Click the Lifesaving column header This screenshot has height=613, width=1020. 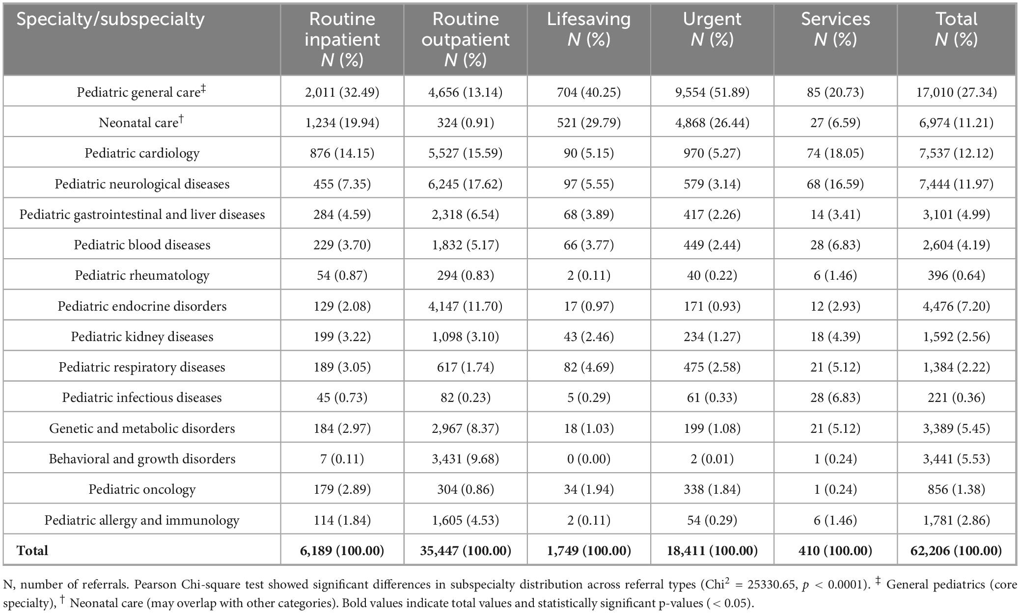click(588, 29)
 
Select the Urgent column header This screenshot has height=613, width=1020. click(712, 29)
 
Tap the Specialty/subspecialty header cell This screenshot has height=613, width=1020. click(110, 19)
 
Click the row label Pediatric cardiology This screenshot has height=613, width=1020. click(142, 153)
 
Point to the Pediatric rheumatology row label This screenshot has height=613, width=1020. click(142, 275)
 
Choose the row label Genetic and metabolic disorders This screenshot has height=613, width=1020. click(142, 428)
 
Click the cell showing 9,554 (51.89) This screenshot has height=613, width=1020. click(712, 92)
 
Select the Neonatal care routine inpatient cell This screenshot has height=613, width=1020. click(342, 123)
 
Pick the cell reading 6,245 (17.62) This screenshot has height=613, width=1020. click(465, 184)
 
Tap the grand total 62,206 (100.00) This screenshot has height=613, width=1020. click(956, 551)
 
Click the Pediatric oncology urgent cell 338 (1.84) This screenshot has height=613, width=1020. click(712, 489)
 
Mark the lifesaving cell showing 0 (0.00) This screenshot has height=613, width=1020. click(588, 459)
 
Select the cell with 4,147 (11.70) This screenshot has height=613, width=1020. click(465, 306)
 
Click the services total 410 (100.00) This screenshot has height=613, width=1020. click(835, 551)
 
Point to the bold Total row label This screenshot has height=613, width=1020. click(32, 551)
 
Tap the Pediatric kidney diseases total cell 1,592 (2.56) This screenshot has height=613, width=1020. click(956, 337)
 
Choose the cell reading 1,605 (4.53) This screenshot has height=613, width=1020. click(465, 520)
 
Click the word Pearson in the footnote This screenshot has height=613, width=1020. click(157, 585)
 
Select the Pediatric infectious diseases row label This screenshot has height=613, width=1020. click(142, 398)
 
